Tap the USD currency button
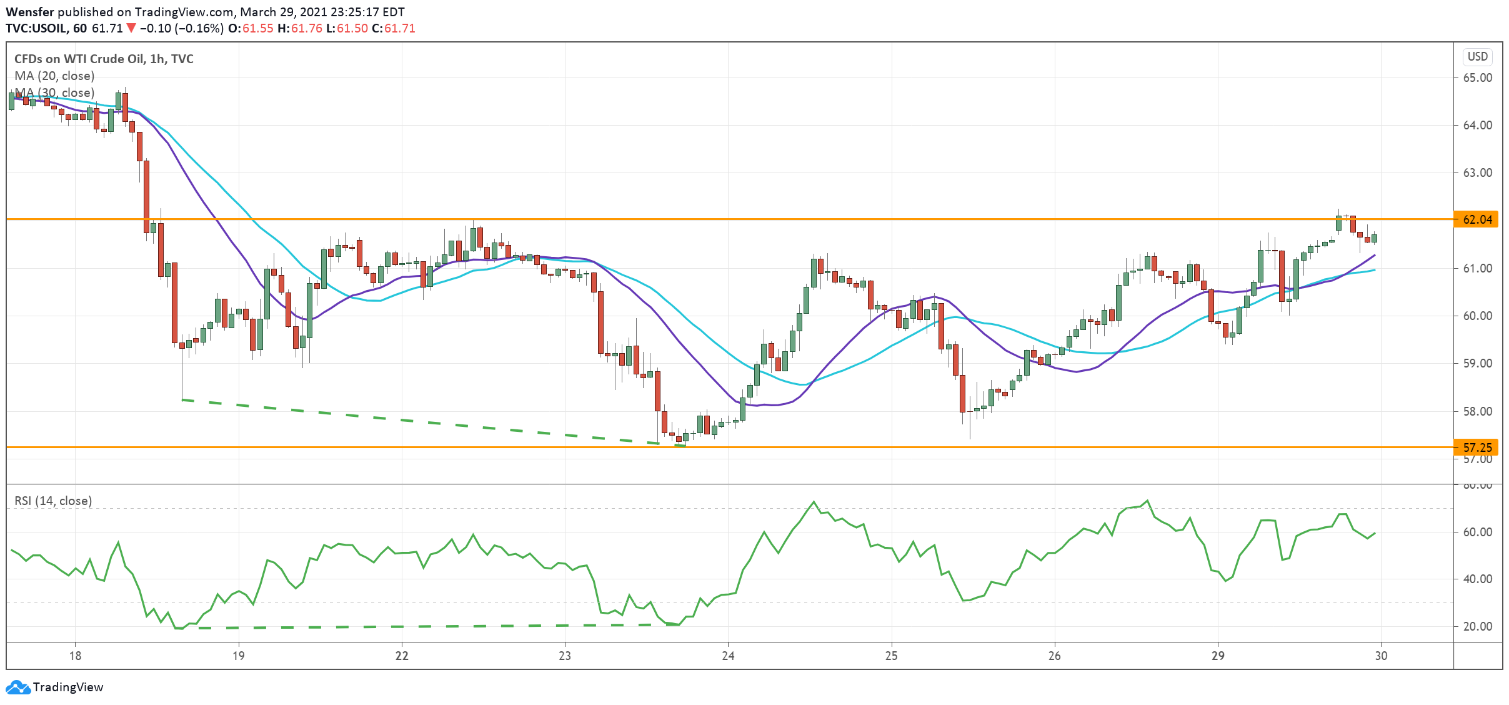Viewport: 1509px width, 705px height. pyautogui.click(x=1477, y=57)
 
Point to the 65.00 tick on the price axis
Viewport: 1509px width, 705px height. pyautogui.click(x=1477, y=77)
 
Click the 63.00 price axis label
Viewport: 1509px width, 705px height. pyautogui.click(x=1477, y=173)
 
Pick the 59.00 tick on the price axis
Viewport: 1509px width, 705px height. pyautogui.click(x=1477, y=364)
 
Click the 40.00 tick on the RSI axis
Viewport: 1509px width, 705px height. pyautogui.click(x=1477, y=579)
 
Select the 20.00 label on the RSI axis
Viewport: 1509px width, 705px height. pyautogui.click(x=1477, y=627)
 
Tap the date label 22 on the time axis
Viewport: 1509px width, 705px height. pyautogui.click(x=402, y=656)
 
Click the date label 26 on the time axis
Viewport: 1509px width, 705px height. pyautogui.click(x=1055, y=656)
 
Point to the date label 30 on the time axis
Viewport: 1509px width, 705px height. pyautogui.click(x=1382, y=656)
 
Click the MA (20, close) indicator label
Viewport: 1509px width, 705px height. pyautogui.click(x=54, y=76)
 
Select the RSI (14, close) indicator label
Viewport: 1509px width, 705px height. pyautogui.click(x=53, y=501)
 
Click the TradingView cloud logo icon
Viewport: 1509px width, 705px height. pyautogui.click(x=17, y=687)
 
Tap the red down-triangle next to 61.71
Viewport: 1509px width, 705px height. pyautogui.click(x=131, y=28)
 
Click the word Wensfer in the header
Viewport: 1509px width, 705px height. pyautogui.click(x=30, y=12)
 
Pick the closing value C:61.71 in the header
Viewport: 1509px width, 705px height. pyautogui.click(x=394, y=28)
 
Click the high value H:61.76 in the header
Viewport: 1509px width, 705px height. pyautogui.click(x=300, y=28)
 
